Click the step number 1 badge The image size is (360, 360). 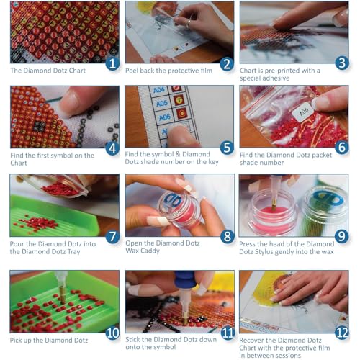click(112, 63)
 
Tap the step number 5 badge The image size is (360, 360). click(226, 148)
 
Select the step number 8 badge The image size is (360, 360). click(226, 235)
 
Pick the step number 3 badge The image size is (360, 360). click(341, 63)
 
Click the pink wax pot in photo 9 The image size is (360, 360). click(266, 212)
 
